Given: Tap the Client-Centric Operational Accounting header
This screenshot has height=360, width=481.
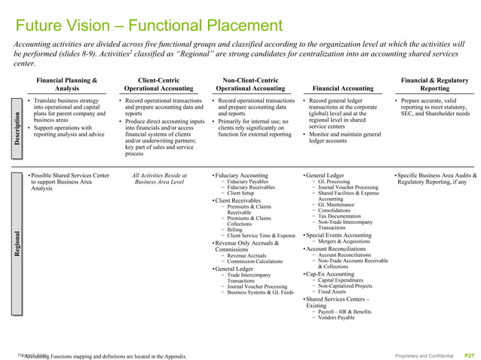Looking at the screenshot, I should tap(158, 84).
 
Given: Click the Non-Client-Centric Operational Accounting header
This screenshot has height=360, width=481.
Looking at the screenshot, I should tap(251, 84).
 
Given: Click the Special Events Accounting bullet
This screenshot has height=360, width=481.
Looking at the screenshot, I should tap(340, 235).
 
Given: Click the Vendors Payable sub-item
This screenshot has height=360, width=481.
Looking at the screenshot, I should tap(336, 319).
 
